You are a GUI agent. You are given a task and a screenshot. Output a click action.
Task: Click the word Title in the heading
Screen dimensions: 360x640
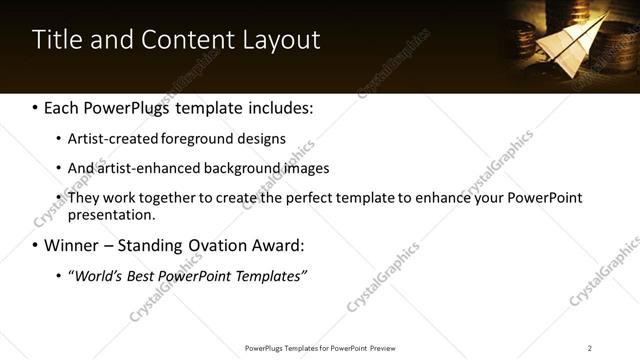click(x=57, y=40)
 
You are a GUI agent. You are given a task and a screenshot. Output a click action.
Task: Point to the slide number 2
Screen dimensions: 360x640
click(x=590, y=348)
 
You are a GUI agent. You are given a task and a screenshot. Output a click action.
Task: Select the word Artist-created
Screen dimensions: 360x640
click(x=109, y=138)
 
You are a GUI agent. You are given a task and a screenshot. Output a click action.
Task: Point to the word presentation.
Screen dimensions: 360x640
click(x=111, y=215)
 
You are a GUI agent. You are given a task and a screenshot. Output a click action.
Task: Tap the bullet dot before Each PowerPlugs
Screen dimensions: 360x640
click(x=35, y=107)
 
